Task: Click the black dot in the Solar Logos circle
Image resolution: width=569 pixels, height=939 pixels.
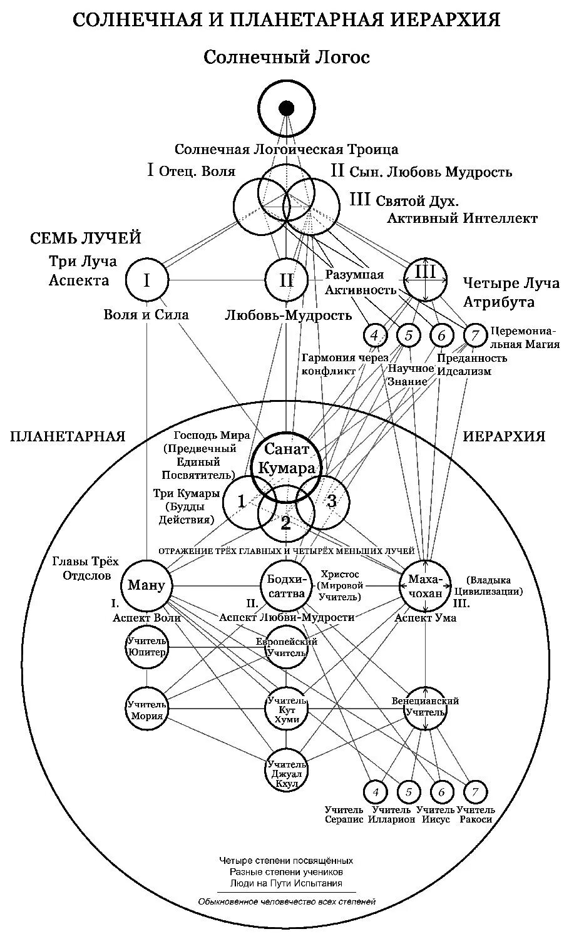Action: (x=286, y=108)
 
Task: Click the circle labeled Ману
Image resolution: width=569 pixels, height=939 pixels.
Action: (x=146, y=585)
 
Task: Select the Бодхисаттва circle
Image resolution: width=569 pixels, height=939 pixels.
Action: (x=285, y=587)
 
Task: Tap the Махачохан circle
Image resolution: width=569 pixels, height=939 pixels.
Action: (x=426, y=585)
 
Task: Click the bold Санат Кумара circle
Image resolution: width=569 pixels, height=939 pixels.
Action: (x=286, y=459)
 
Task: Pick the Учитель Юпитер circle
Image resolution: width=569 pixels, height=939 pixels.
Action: (x=146, y=646)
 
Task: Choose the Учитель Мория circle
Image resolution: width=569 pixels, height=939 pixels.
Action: (x=146, y=710)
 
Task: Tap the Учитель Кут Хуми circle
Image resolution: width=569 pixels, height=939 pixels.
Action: (x=286, y=709)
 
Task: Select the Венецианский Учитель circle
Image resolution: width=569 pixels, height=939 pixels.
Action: (x=426, y=707)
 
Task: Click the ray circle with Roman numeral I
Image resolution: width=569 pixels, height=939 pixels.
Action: (x=146, y=280)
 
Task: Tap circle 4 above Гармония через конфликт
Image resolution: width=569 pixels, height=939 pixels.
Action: (x=374, y=336)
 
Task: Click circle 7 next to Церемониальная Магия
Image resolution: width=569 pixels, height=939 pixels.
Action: (x=475, y=336)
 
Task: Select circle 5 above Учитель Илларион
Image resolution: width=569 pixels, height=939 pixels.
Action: (x=408, y=792)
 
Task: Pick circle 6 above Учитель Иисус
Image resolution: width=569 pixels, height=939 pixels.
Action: (x=441, y=792)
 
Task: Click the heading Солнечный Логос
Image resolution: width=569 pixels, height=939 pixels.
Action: (x=286, y=58)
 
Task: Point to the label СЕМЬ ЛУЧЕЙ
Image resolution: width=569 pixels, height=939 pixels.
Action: (x=86, y=239)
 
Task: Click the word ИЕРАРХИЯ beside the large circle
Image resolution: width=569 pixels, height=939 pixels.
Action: (x=504, y=436)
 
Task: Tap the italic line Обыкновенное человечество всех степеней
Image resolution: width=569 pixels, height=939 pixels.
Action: (x=286, y=902)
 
